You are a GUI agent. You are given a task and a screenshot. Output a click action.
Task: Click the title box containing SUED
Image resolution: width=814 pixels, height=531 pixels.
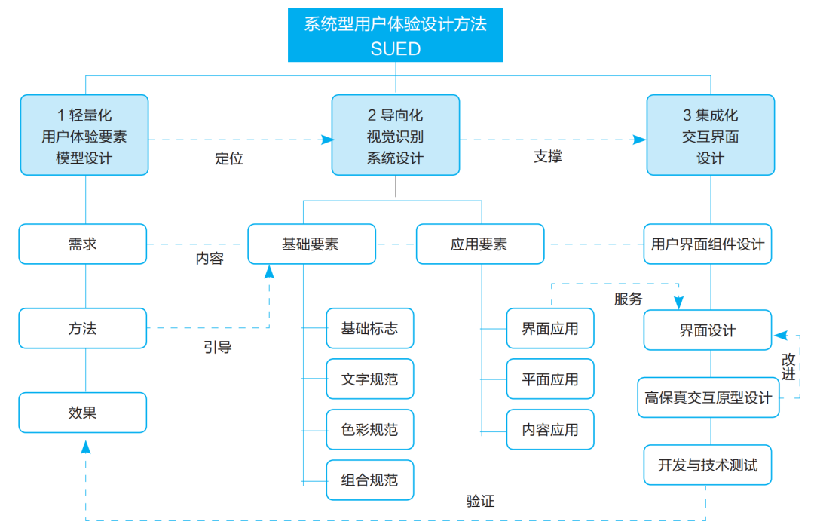coord(395,35)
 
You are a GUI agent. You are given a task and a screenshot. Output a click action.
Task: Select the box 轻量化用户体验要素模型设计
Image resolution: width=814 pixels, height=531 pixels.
coord(84,135)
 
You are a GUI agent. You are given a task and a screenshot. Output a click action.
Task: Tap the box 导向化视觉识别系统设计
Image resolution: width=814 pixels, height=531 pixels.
coord(395,135)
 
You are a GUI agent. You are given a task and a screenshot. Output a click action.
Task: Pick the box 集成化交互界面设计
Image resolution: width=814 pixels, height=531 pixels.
coord(710,135)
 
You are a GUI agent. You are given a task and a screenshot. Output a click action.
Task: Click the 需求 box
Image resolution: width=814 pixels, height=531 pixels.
coord(83,244)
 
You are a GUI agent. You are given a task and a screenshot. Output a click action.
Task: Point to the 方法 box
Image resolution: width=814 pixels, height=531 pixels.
coord(83,329)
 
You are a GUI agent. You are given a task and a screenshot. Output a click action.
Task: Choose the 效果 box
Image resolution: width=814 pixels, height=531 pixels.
coord(83,413)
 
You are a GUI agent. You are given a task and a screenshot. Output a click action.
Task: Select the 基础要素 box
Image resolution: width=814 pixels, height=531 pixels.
coord(312,244)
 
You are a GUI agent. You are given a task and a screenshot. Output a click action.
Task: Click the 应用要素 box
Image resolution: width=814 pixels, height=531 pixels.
coord(479,244)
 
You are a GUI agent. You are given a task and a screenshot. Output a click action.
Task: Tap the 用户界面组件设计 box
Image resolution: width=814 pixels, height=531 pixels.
coord(708,244)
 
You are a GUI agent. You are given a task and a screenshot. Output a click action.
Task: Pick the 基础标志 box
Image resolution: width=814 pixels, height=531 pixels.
coord(369,329)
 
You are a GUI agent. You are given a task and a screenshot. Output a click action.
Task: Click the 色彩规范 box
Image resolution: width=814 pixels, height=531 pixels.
coord(369,430)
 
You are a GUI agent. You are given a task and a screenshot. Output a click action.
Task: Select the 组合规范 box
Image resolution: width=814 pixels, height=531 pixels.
coord(369,480)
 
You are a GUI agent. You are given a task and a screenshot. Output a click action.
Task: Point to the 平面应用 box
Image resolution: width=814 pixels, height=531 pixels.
coord(550,379)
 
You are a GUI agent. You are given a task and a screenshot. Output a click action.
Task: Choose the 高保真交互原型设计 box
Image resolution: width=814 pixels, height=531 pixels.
coord(708,397)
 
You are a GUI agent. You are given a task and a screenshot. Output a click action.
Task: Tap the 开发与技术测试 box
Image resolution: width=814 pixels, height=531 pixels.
coord(708,465)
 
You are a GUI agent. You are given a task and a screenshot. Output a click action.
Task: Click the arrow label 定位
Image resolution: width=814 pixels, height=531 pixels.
coord(229,158)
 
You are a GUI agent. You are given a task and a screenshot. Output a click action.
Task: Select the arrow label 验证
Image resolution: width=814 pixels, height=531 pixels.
coord(480,501)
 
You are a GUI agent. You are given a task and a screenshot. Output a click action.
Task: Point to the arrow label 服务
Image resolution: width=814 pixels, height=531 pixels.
coord(628,299)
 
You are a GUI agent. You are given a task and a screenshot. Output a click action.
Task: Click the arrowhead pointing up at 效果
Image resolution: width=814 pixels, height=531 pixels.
coord(85,447)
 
